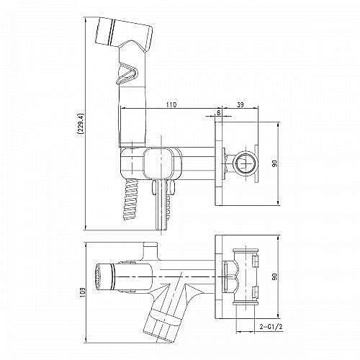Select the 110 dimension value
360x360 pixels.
click(x=171, y=104)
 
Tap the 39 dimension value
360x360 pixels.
click(x=240, y=104)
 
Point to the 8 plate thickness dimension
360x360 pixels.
click(x=219, y=112)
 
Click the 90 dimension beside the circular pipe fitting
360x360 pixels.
click(x=275, y=163)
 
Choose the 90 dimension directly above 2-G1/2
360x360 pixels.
click(x=275, y=276)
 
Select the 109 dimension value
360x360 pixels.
click(x=83, y=292)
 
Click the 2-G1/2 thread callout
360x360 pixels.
click(x=270, y=326)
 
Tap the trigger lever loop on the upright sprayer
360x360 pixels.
click(x=127, y=73)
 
